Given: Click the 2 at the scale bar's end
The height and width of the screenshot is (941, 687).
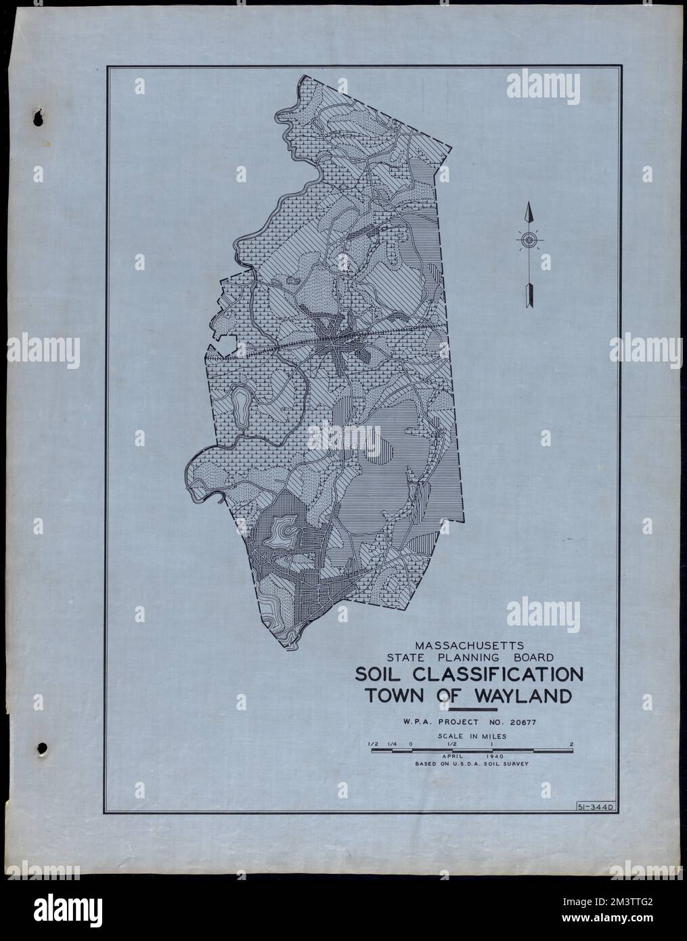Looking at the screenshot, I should (x=572, y=745).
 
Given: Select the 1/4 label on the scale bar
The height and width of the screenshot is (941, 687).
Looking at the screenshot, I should (x=391, y=745).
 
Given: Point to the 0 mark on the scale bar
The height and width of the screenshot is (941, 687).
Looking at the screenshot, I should (x=410, y=745).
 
